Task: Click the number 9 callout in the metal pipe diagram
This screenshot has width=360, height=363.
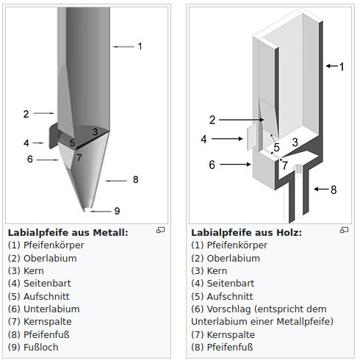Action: click(117, 211)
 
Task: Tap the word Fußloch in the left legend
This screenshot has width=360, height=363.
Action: click(41, 348)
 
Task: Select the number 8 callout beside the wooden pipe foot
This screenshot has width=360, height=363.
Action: click(334, 190)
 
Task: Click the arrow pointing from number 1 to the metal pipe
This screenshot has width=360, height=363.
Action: click(123, 46)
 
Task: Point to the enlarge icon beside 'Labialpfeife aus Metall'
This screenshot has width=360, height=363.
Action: click(161, 230)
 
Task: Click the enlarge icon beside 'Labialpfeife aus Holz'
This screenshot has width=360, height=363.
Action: click(344, 230)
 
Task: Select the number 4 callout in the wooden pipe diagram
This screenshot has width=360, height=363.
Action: click(204, 139)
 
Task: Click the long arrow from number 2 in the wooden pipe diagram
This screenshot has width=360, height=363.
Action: click(242, 120)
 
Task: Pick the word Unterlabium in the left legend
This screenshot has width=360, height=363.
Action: click(51, 309)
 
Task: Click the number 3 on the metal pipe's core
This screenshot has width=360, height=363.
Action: click(96, 132)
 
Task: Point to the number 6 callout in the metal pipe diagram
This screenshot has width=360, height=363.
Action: click(30, 159)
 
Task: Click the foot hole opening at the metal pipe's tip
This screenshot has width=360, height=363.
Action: click(87, 209)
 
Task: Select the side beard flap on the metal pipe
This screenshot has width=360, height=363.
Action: click(54, 135)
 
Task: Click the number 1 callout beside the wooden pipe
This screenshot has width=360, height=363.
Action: click(342, 67)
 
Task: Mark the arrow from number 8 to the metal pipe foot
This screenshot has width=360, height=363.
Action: click(116, 181)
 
